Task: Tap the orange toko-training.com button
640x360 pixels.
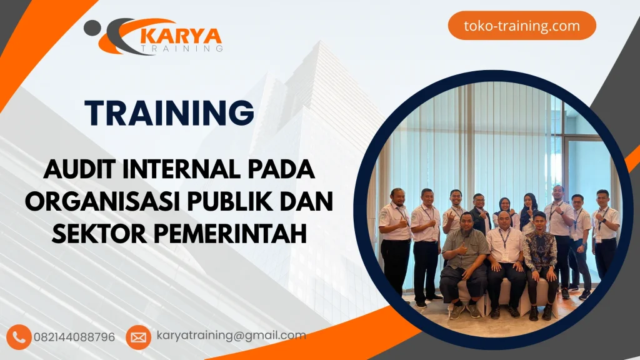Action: click(x=522, y=26)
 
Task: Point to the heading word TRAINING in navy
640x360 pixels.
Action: click(x=170, y=113)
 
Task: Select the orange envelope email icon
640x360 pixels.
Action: click(x=138, y=337)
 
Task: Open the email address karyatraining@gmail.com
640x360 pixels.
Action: click(x=231, y=336)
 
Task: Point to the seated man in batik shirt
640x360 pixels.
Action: click(x=540, y=253)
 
